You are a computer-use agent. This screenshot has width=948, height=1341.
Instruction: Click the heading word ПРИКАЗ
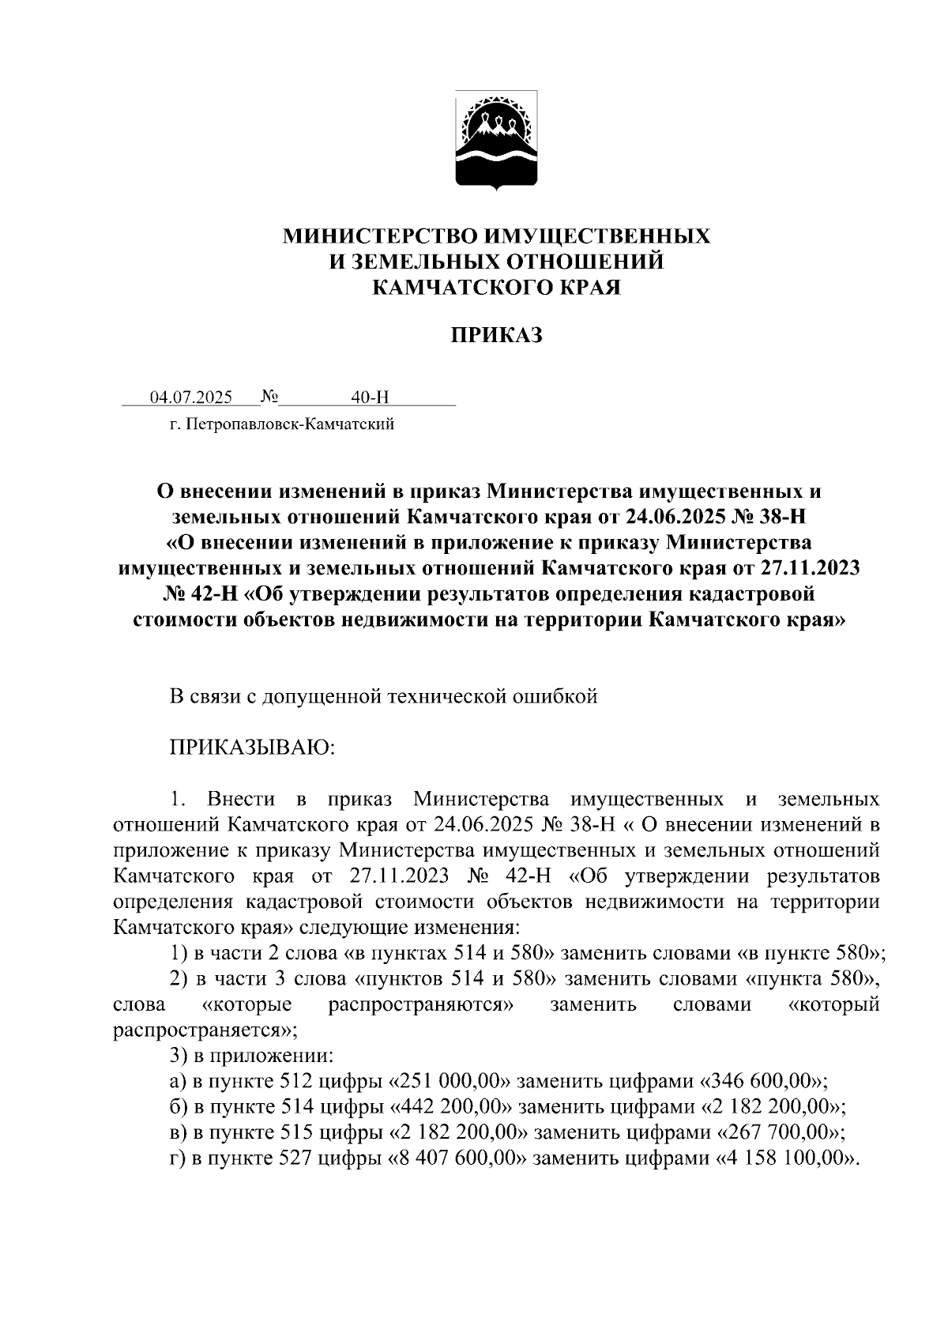pyautogui.click(x=497, y=336)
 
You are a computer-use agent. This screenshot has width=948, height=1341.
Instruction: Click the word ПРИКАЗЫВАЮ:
pyautogui.click(x=253, y=747)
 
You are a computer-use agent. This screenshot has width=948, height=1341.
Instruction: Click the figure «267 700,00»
pyautogui.click(x=781, y=1132)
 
